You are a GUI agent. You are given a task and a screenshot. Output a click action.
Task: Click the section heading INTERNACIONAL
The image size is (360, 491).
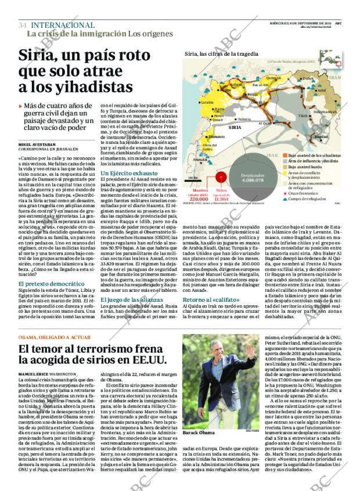[62, 25]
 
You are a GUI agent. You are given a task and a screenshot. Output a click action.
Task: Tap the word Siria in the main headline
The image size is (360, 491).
[35, 56]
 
